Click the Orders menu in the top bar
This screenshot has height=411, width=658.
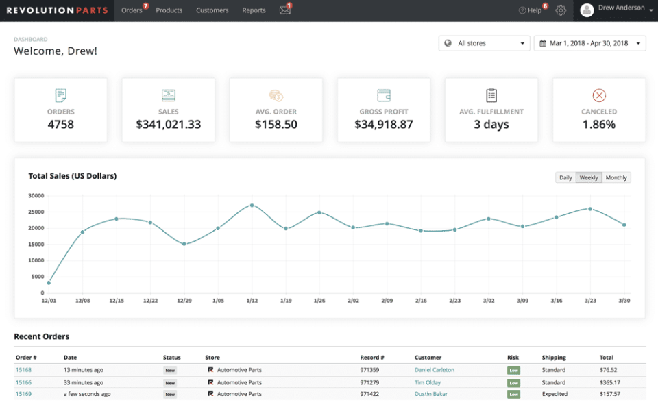(x=132, y=10)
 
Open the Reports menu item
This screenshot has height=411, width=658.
(x=254, y=10)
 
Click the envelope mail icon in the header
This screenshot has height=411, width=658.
(x=284, y=10)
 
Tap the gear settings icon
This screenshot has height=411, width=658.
(x=561, y=10)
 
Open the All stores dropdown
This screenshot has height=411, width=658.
(x=484, y=43)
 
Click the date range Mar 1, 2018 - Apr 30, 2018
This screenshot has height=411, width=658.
(x=589, y=43)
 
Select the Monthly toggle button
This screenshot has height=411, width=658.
(x=616, y=177)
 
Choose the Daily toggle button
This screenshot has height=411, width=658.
(x=565, y=177)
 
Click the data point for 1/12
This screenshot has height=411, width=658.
(x=252, y=205)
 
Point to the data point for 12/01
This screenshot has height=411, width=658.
(x=49, y=283)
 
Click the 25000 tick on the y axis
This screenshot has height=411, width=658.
(x=36, y=212)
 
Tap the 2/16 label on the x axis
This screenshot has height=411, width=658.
(x=421, y=300)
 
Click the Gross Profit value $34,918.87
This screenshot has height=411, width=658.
(x=384, y=125)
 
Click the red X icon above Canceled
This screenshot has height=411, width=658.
(x=599, y=96)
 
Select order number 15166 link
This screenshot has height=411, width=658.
(x=23, y=382)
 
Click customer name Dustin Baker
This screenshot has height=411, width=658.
(x=431, y=394)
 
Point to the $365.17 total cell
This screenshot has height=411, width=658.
(x=609, y=382)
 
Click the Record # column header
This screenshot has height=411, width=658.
(x=372, y=358)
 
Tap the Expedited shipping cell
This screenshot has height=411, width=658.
(x=555, y=394)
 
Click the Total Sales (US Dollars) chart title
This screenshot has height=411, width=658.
(x=72, y=176)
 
